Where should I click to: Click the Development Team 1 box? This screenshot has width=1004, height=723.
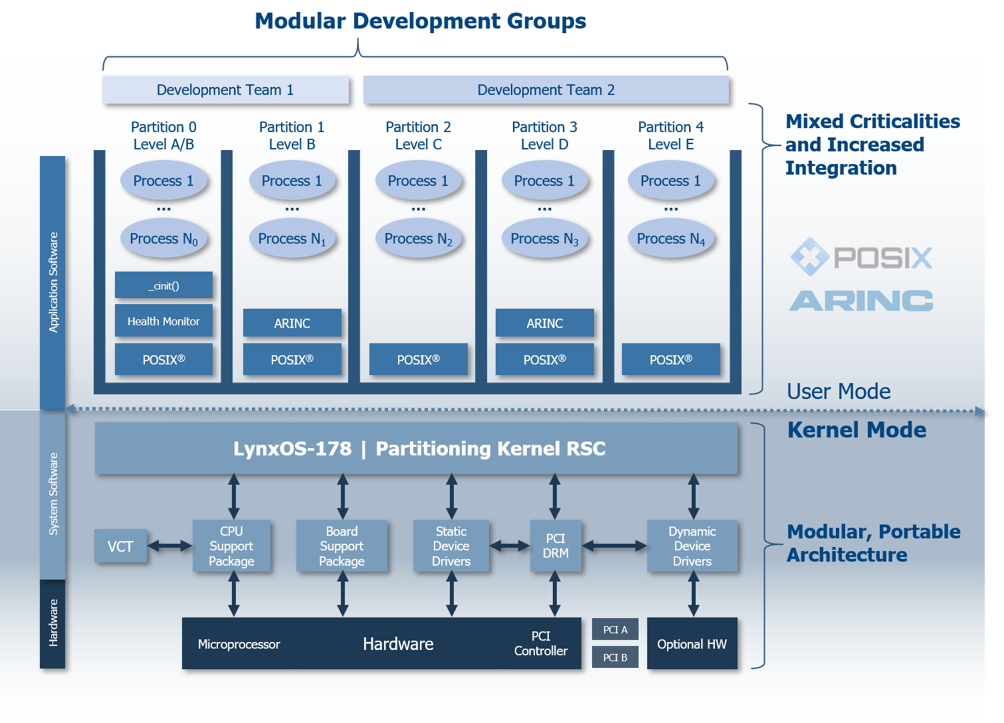coord(225,90)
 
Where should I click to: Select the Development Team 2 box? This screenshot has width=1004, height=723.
coord(546,90)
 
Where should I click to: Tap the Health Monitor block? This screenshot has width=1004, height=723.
coord(163,321)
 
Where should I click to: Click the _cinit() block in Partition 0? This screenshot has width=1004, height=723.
coord(163,285)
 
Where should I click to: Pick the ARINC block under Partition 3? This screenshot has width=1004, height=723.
coord(544,323)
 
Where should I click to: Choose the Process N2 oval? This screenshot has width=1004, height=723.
coord(418,239)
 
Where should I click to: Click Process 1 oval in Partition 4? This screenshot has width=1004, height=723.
coord(670,181)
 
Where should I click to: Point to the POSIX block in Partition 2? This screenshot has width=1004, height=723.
coord(418,360)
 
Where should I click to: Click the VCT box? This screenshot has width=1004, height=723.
coord(120,546)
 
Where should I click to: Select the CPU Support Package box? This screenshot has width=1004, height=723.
coord(231,546)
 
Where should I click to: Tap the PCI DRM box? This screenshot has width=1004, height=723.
coord(555,546)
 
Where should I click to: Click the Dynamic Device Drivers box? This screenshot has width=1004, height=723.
coord(692,546)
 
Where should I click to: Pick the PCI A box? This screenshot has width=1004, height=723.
coord(615,629)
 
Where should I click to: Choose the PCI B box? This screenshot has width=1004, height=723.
coord(615,657)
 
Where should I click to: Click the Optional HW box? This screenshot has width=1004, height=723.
coord(692,644)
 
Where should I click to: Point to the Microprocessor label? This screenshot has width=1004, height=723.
coord(239,644)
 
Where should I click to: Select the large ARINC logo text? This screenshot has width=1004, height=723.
coord(861,301)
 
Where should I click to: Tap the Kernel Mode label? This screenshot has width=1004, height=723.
coord(856,430)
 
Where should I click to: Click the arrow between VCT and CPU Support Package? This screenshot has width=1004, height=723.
coord(169,546)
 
